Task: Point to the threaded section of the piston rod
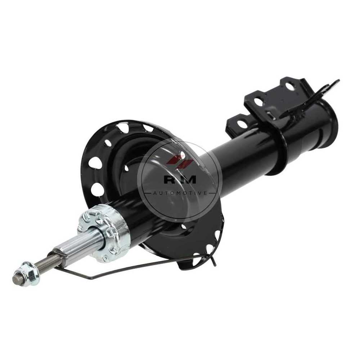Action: pyautogui.click(x=45, y=263)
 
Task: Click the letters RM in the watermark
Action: pyautogui.click(x=180, y=180)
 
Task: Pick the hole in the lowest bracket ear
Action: pyautogui.click(x=242, y=124)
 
